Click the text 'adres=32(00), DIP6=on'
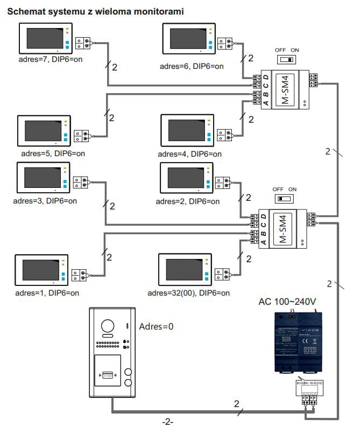[x=188, y=293]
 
